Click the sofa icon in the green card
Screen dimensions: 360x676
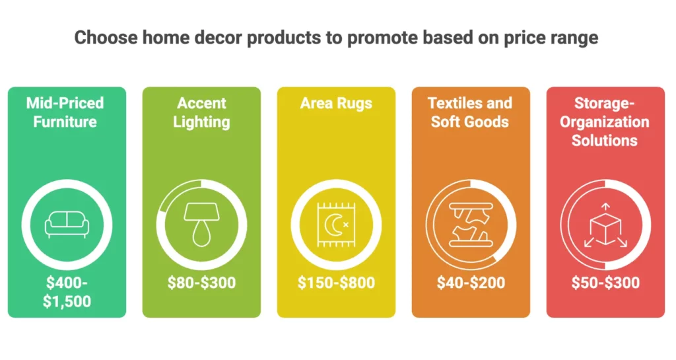(67, 225)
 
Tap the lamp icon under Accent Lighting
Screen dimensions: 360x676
(201, 223)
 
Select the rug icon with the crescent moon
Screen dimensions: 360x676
(335, 224)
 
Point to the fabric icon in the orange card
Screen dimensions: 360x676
(470, 224)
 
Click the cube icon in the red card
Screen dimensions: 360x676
(605, 225)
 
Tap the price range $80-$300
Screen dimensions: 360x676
(201, 283)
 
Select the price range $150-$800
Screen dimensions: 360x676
(336, 283)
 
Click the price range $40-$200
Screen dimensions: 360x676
(471, 283)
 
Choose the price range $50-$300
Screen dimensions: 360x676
(605, 283)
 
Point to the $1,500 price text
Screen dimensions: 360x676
(67, 301)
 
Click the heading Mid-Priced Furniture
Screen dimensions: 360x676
(65, 112)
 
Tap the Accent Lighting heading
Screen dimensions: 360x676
(201, 112)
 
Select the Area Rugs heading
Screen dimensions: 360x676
(336, 103)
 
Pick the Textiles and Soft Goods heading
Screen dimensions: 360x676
(470, 112)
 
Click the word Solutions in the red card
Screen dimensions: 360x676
(605, 140)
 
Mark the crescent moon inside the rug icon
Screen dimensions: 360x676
(335, 225)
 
